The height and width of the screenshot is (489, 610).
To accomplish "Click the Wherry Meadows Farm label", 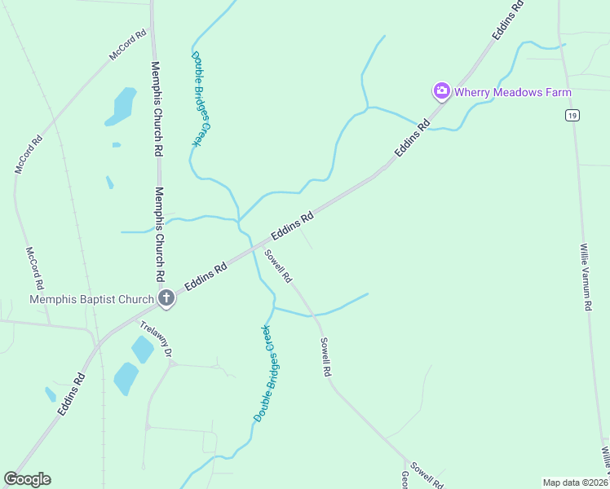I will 513,92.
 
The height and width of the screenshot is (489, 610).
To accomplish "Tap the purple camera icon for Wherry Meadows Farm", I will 442,90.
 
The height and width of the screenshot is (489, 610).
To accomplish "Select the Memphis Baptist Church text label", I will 91,299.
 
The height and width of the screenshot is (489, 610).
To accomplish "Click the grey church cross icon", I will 166,298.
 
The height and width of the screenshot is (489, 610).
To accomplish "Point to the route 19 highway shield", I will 572,117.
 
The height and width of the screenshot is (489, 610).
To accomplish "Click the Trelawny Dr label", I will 157,338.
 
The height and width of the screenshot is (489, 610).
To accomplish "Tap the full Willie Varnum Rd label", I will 585,276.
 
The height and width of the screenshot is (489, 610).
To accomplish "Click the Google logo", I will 27,479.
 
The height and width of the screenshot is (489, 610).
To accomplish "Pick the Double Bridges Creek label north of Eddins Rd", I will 201,99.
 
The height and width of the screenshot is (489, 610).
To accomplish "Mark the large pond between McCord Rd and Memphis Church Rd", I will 123,107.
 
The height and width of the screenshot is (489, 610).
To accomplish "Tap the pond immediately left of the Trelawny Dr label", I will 142,349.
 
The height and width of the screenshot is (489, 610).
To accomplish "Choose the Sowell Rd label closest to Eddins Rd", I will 277,265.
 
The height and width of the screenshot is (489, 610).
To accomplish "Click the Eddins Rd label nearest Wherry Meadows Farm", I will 412,139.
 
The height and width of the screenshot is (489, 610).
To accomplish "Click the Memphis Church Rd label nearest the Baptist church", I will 159,232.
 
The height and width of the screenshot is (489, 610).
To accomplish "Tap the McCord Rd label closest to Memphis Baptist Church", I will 33,269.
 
